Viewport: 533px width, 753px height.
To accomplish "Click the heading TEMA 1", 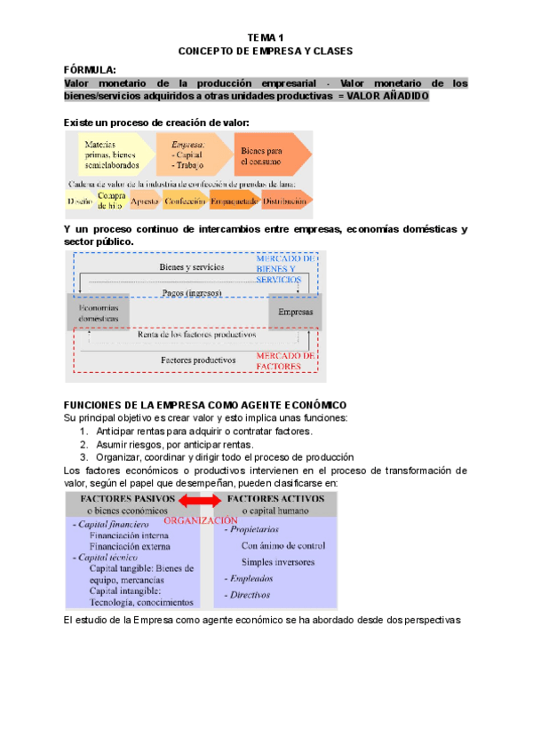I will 266,37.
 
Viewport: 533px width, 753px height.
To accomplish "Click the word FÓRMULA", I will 90,68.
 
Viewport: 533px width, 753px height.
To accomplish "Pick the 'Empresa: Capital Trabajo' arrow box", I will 189,155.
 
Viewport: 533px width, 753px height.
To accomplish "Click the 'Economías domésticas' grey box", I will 98,313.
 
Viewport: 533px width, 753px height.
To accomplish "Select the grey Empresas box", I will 295,313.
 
